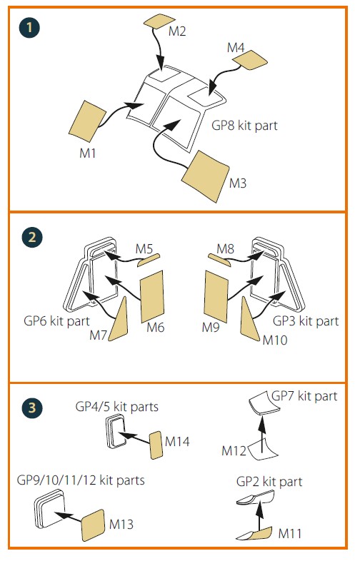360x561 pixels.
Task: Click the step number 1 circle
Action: (29, 28)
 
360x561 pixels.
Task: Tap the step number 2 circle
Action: (32, 237)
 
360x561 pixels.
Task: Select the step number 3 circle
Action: (32, 408)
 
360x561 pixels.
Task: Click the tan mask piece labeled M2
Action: (159, 21)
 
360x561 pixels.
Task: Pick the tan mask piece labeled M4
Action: (250, 59)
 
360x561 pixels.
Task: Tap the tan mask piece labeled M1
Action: (87, 121)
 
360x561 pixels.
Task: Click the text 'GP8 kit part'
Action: (244, 126)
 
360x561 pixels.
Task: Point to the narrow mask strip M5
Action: (149, 260)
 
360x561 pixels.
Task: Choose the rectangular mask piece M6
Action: (152, 297)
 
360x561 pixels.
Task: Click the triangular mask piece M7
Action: (119, 319)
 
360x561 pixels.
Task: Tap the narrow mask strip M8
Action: (219, 260)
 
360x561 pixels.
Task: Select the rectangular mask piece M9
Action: (216, 297)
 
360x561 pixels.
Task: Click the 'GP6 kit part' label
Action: (56, 321)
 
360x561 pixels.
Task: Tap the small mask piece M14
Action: (156, 445)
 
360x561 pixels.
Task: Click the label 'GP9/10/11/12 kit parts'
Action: (81, 480)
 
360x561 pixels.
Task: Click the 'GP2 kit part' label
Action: (269, 482)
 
